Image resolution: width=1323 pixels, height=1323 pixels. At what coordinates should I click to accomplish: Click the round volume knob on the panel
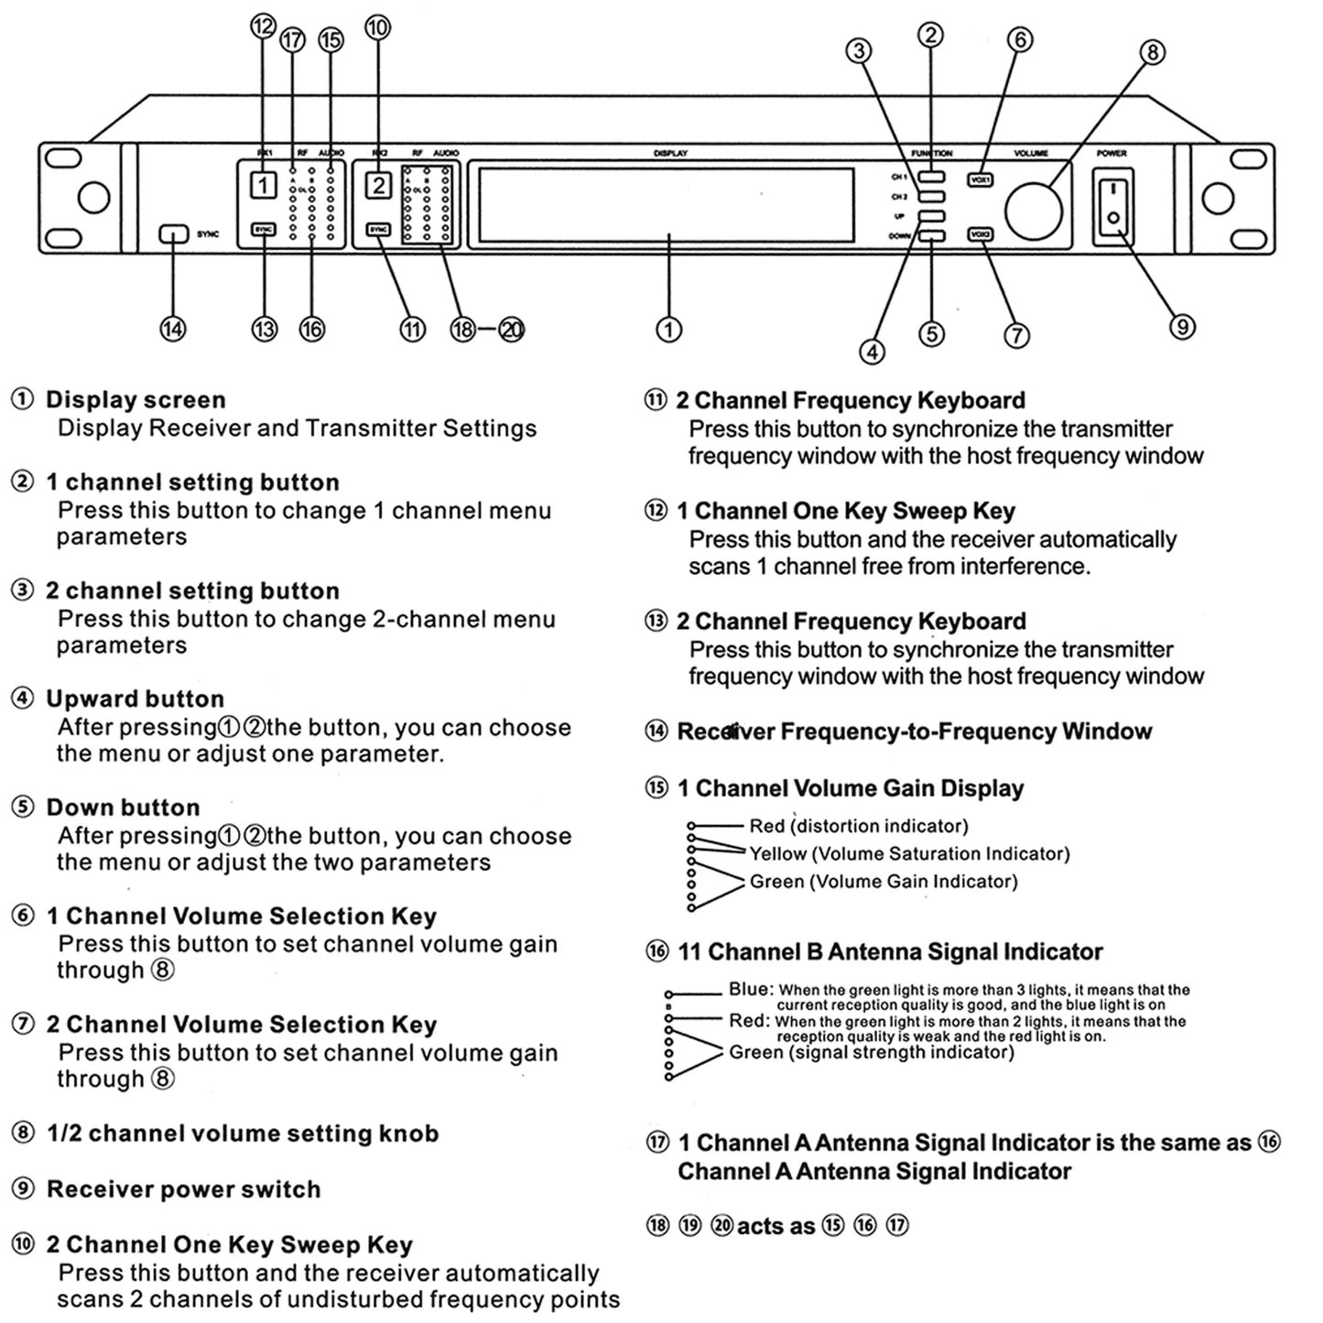pyautogui.click(x=1033, y=210)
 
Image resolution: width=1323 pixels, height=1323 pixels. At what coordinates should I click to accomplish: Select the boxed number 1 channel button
pyautogui.click(x=263, y=186)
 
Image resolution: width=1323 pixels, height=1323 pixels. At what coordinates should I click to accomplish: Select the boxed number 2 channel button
pyautogui.click(x=378, y=186)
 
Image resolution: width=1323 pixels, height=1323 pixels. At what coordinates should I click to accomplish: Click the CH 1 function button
pyautogui.click(x=932, y=177)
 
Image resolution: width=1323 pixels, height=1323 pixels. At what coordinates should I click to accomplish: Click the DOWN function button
pyautogui.click(x=932, y=237)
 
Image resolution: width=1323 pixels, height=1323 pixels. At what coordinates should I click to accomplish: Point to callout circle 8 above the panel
pyautogui.click(x=1152, y=52)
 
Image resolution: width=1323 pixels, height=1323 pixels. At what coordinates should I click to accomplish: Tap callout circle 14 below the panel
pyautogui.click(x=173, y=329)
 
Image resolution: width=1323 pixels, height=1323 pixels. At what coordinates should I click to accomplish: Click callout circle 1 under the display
pyautogui.click(x=669, y=329)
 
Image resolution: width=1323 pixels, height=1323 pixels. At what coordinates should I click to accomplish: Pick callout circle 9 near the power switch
pyautogui.click(x=1182, y=326)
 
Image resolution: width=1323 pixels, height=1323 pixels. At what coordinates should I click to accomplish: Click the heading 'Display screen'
pyautogui.click(x=136, y=400)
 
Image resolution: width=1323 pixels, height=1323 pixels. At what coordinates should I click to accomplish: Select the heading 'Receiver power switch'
pyautogui.click(x=184, y=1189)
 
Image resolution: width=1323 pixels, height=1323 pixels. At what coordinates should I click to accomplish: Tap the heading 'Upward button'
pyautogui.click(x=136, y=699)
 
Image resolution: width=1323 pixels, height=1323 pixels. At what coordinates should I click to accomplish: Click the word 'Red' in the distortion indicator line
pyautogui.click(x=767, y=826)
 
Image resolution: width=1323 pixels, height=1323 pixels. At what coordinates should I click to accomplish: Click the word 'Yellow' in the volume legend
pyautogui.click(x=778, y=854)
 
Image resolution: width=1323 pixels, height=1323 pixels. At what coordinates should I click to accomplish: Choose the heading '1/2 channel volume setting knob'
pyautogui.click(x=243, y=1133)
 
